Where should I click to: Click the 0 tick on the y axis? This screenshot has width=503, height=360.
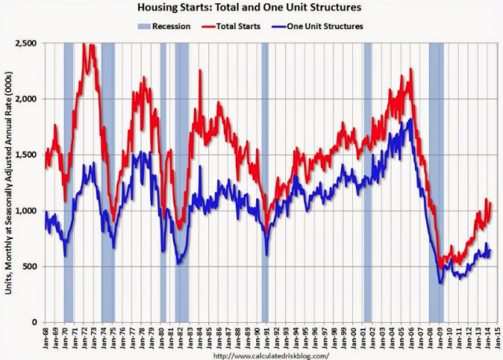click(35, 322)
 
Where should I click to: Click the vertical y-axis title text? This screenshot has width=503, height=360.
click(9, 182)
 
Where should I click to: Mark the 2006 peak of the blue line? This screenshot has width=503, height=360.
click(411, 119)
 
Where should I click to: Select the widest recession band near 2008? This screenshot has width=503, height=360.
click(436, 181)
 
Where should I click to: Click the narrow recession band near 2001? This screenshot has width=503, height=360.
click(367, 181)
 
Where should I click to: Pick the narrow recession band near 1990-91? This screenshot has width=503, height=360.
click(265, 181)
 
